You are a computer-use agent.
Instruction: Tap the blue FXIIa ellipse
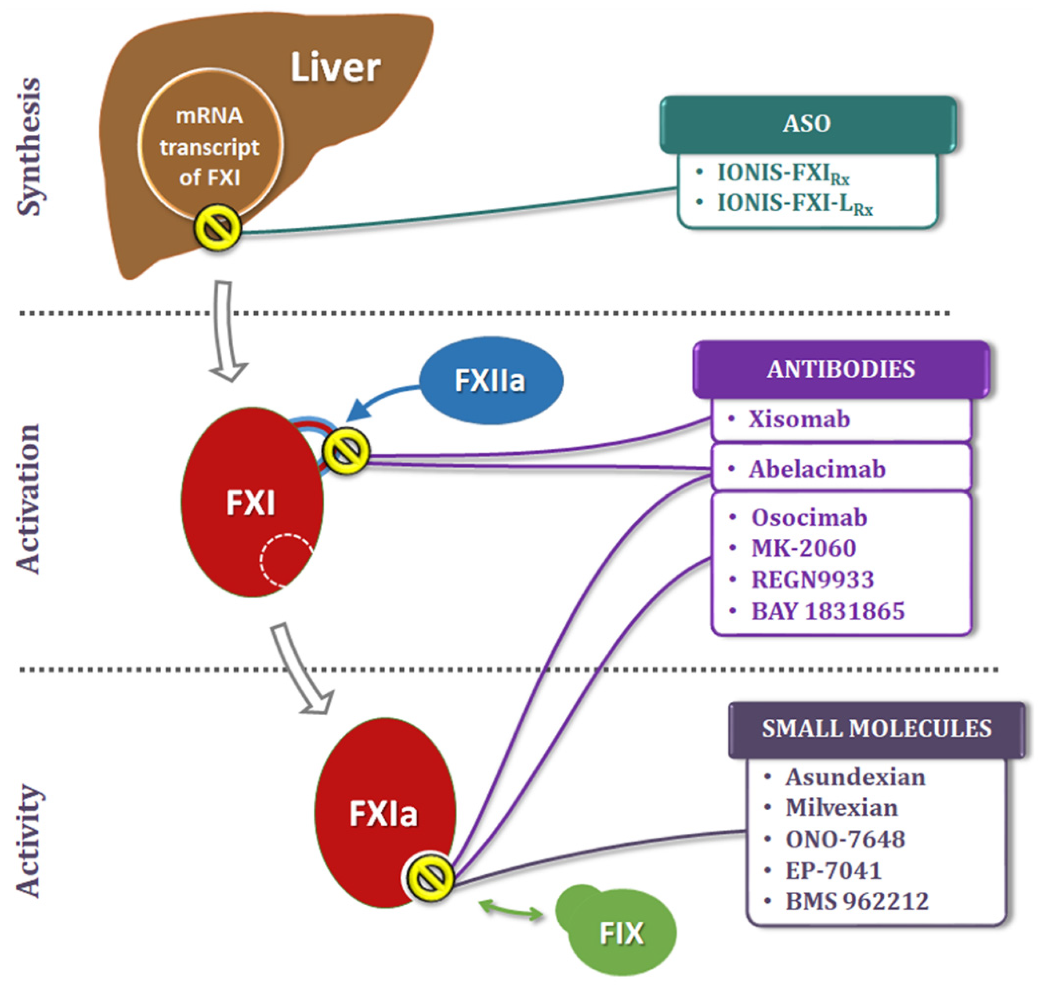(x=491, y=380)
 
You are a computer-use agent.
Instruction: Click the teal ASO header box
(x=807, y=124)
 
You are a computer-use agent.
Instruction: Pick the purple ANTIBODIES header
(x=841, y=369)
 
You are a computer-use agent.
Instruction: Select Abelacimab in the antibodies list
(x=817, y=469)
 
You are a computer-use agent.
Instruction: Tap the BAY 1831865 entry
(x=827, y=611)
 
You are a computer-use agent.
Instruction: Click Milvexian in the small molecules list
(x=841, y=808)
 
